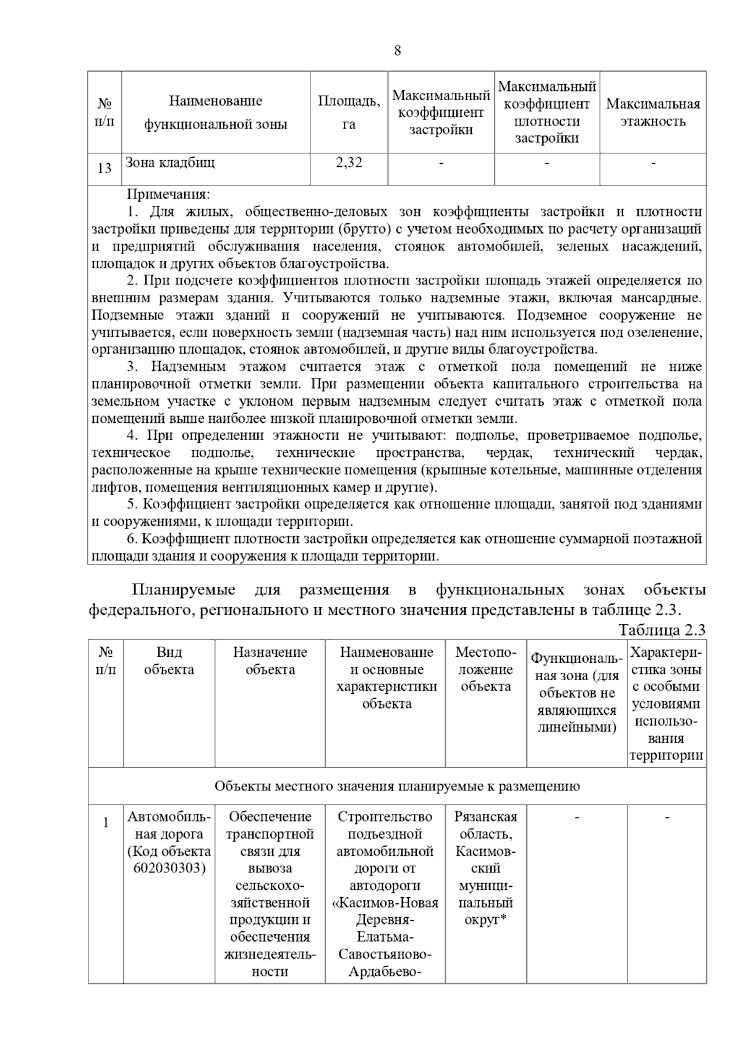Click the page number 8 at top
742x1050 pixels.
coord(397,51)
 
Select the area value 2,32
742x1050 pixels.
coord(349,163)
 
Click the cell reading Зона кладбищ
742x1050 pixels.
coord(170,163)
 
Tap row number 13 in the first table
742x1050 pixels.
coord(104,168)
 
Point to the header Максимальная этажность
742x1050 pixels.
coord(653,112)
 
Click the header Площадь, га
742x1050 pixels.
coord(349,112)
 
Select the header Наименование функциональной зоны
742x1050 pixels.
coord(215,112)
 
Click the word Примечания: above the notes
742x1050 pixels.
coord(168,194)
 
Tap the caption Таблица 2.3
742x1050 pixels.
coord(662,630)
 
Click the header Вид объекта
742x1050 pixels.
coord(169,660)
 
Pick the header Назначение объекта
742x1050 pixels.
coord(270,660)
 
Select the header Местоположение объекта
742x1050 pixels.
coord(485,669)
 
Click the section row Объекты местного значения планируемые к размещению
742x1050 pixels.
coord(397,786)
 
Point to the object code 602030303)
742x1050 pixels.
coord(169,868)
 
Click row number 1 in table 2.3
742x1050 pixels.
coord(105,822)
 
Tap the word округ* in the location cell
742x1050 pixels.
coord(485,920)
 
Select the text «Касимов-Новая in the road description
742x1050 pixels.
coord(385,902)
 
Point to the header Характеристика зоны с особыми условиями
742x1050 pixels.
coord(666,703)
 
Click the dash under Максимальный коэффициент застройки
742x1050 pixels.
coord(441,163)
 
